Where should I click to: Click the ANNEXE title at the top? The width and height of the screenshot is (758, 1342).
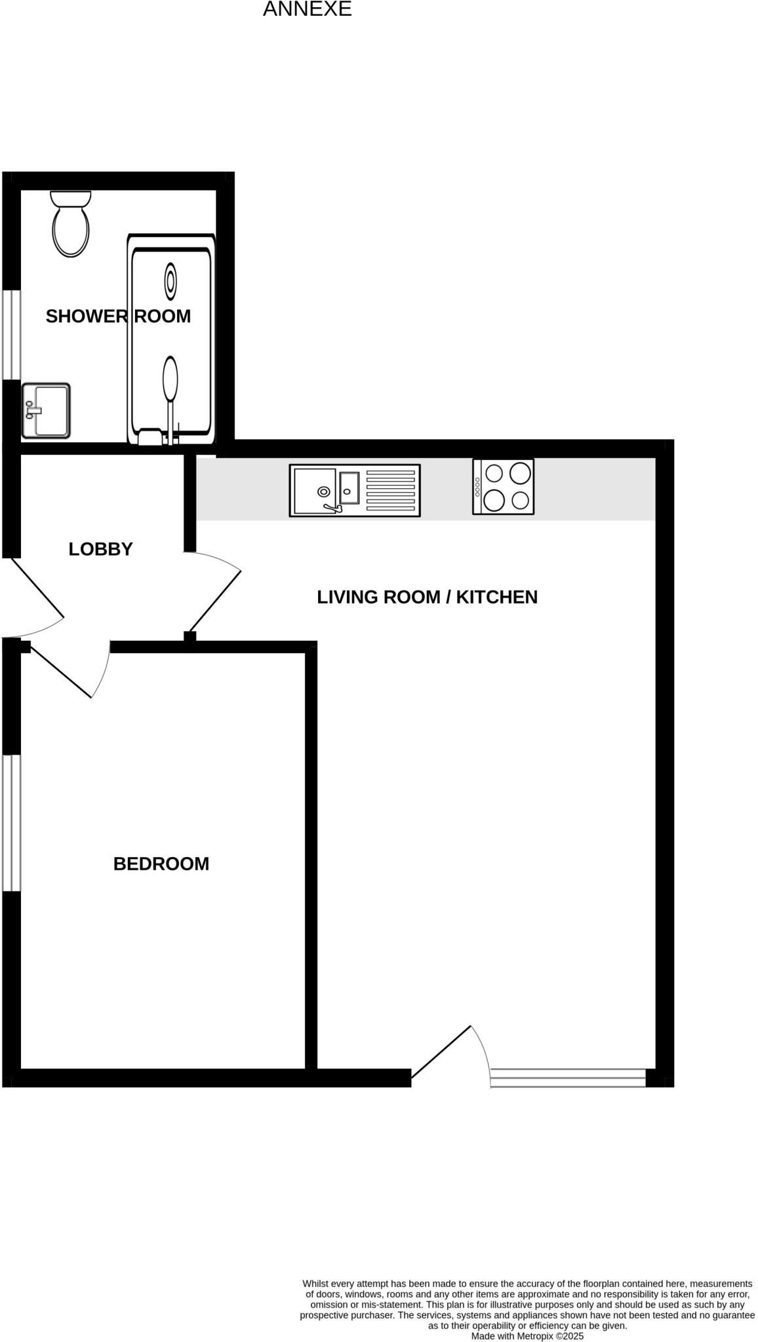tap(307, 9)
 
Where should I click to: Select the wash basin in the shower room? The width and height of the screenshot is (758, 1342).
tap(46, 410)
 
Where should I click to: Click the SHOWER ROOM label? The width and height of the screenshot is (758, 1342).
tap(118, 316)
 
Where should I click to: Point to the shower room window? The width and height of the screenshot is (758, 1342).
tap(11, 335)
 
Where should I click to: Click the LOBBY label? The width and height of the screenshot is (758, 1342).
tap(100, 549)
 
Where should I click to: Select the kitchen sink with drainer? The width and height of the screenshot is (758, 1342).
tap(354, 490)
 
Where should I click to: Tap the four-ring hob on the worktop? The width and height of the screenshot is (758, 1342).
tap(503, 486)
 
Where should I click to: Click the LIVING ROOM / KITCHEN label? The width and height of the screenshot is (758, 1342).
tap(427, 597)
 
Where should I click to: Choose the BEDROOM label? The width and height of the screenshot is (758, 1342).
tap(161, 864)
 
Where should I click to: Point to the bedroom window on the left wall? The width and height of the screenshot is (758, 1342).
tap(11, 823)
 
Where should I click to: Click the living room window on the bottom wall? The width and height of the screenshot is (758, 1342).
tap(568, 1078)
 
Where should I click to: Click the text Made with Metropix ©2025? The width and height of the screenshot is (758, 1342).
tap(527, 1335)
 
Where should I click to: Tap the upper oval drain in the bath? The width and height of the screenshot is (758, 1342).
tap(170, 281)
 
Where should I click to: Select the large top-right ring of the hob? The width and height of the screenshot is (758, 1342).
tap(520, 472)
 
